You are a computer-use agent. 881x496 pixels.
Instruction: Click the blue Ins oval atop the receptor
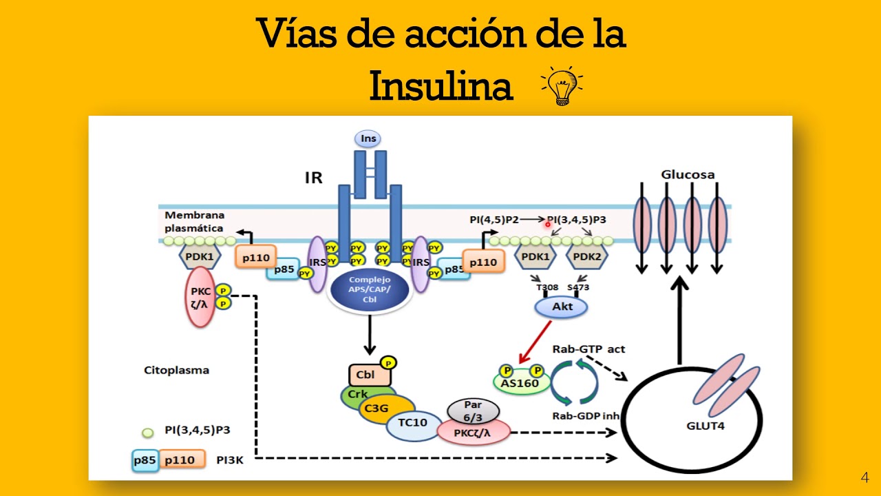(x=369, y=139)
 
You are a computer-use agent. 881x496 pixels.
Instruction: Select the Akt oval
(x=562, y=307)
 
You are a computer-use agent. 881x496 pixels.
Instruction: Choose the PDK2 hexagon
(x=589, y=258)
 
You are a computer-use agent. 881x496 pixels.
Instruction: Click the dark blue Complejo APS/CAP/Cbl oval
(x=370, y=290)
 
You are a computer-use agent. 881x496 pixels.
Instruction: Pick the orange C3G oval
(x=387, y=407)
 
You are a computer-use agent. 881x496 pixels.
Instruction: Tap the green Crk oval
(x=356, y=394)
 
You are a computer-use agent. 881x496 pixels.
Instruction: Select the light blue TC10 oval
(x=413, y=422)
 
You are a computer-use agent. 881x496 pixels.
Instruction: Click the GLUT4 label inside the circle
(x=700, y=426)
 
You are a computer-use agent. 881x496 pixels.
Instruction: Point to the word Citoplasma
(x=176, y=370)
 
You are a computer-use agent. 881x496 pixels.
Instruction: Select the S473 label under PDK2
(x=578, y=287)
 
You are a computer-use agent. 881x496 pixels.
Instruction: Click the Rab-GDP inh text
(x=585, y=415)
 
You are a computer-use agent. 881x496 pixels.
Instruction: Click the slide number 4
(x=864, y=477)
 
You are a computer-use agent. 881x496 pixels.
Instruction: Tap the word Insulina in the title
(x=440, y=87)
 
